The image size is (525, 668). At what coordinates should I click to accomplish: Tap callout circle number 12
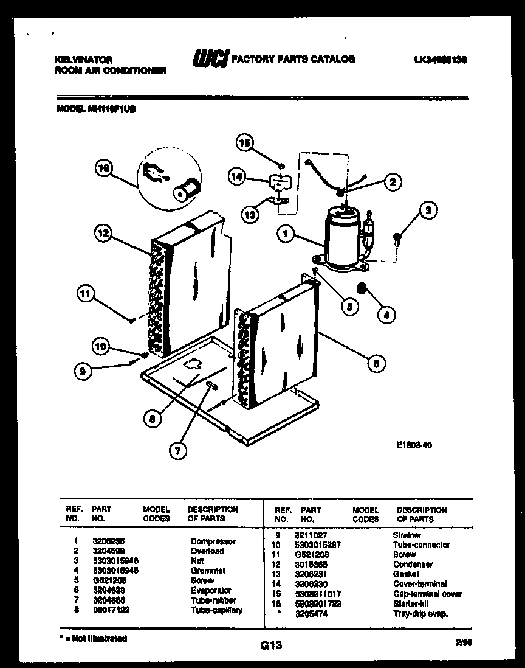click(x=104, y=232)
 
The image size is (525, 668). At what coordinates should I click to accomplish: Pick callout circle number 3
click(x=428, y=212)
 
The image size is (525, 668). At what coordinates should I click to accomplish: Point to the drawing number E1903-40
click(x=414, y=445)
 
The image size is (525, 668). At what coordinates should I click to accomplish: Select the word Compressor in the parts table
click(x=213, y=541)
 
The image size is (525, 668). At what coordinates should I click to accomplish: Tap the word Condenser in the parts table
click(x=413, y=564)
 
